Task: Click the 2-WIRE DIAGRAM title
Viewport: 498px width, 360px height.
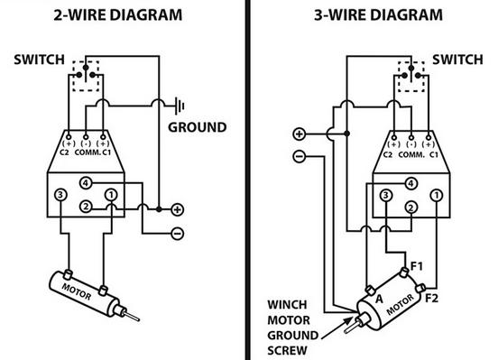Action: pos(118,15)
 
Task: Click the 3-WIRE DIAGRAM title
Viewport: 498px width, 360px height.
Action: pos(378,15)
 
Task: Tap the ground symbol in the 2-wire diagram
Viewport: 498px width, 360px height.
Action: pos(180,106)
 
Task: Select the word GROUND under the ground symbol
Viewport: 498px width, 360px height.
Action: pos(198,127)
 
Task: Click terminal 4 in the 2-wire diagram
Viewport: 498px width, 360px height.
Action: pos(86,183)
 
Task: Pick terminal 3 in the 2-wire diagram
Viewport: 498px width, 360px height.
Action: pos(60,195)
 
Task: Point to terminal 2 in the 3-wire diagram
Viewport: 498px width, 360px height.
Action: pos(411,208)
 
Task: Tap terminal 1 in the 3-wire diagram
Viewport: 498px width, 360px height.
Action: pos(437,196)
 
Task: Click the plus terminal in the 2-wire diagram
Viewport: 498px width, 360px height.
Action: pos(177,209)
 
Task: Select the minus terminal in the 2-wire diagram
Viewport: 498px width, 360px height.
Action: pos(177,234)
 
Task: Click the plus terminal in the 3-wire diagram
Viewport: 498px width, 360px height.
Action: pos(299,134)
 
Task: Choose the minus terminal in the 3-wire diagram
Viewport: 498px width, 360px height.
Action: pos(299,156)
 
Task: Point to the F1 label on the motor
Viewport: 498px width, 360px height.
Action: pos(417,266)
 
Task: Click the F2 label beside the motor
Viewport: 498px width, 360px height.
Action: pos(431,298)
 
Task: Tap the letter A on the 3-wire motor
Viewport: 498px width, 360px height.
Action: pos(379,299)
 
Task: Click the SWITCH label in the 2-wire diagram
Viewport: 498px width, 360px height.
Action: pos(39,60)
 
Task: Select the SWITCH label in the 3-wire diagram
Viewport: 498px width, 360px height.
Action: pos(457,60)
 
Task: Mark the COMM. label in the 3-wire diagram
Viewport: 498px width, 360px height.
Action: pos(411,155)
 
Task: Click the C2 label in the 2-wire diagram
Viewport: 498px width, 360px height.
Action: pos(64,152)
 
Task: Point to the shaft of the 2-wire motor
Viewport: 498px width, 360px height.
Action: pos(131,316)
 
